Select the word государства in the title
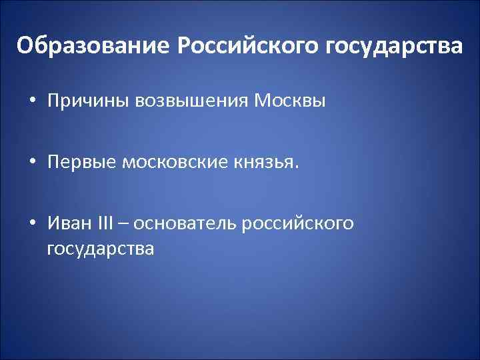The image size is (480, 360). tap(393, 47)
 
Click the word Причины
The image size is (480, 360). tap(89, 101)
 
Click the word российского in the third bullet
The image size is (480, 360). tap(298, 223)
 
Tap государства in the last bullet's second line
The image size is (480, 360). tap(100, 249)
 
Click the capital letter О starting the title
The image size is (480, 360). tap(25, 47)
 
